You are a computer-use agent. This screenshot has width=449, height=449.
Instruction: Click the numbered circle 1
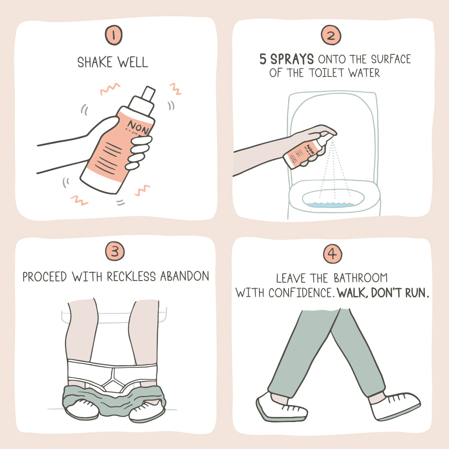tap(113, 35)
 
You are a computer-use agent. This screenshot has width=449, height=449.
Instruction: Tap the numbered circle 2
tap(331, 35)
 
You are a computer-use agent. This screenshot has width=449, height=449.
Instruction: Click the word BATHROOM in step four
tap(361, 278)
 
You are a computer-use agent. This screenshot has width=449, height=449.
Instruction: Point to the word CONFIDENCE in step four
tap(300, 293)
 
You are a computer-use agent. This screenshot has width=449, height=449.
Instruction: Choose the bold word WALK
tap(352, 293)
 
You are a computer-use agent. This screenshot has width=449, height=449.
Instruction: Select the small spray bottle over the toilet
tap(306, 152)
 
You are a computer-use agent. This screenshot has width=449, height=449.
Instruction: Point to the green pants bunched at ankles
tap(112, 397)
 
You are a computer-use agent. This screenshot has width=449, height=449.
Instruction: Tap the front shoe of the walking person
tap(395, 405)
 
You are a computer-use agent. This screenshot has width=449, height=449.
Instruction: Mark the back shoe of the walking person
tap(281, 405)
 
